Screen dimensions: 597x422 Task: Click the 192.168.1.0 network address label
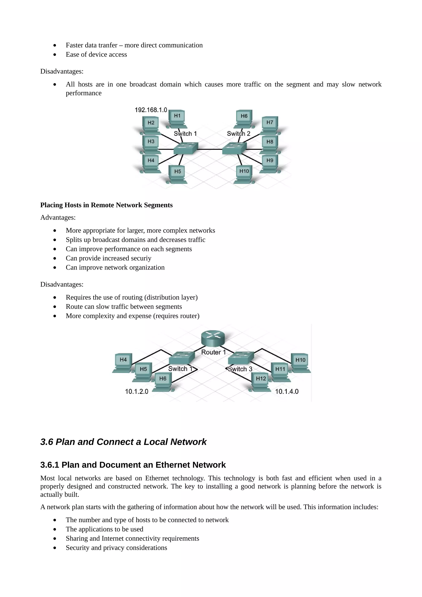(x=151, y=110)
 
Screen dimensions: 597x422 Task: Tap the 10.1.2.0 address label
(x=136, y=391)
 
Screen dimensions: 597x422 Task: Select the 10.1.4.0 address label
(x=287, y=391)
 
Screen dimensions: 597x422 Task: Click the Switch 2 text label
(x=238, y=134)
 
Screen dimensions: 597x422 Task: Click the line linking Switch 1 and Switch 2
(x=210, y=149)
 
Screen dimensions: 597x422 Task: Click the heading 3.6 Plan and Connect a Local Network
(x=123, y=442)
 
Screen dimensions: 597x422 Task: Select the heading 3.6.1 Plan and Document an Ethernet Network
(x=133, y=465)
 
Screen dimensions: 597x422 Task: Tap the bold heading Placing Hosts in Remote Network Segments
(x=106, y=205)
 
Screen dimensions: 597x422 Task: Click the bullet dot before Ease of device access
(x=55, y=55)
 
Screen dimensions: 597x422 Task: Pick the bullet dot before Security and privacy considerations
(x=55, y=548)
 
